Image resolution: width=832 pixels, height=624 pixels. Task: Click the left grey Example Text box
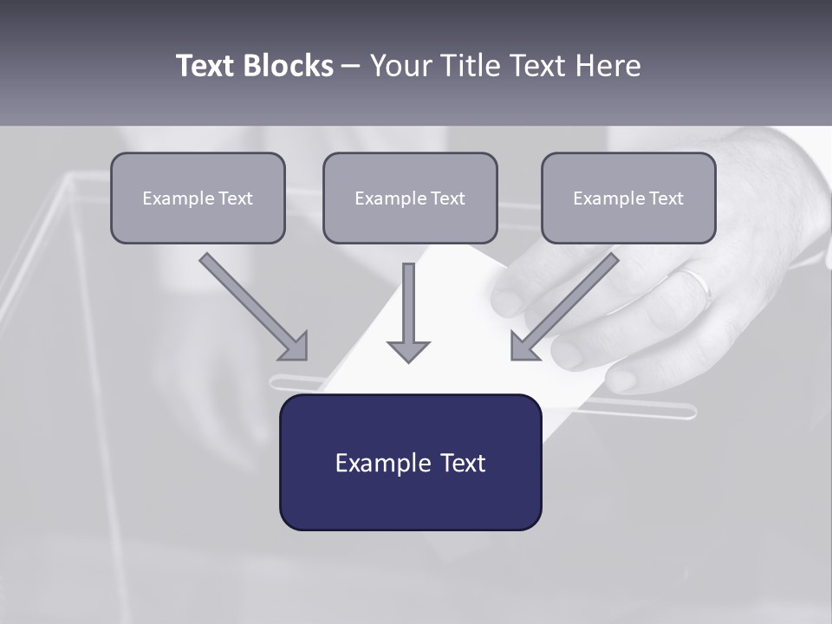coord(198,198)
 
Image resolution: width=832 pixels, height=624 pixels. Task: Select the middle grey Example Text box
coord(410,198)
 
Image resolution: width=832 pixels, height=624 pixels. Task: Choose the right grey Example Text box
coord(628,198)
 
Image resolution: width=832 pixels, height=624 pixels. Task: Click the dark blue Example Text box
coord(410,463)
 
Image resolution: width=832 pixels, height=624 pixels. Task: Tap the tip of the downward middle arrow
coord(408,359)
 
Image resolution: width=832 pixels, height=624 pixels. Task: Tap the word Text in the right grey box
coord(666,198)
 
